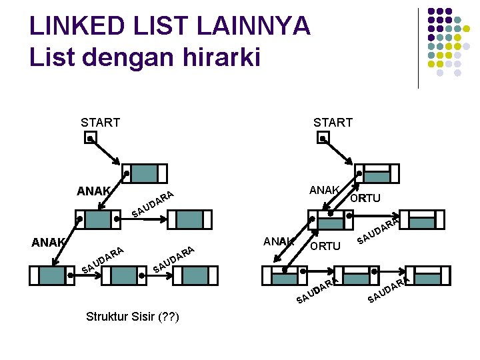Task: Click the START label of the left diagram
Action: pos(100,123)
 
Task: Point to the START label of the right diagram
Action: pos(333,123)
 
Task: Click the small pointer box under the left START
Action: pos(90,139)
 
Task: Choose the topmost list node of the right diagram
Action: pos(376,173)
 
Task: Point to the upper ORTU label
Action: pos(365,198)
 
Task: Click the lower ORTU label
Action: pos(325,247)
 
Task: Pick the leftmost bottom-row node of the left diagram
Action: pos(51,275)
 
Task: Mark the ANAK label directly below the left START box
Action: pos(93,191)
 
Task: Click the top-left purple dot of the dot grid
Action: pos(431,12)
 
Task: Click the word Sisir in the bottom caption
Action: pos(142,316)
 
